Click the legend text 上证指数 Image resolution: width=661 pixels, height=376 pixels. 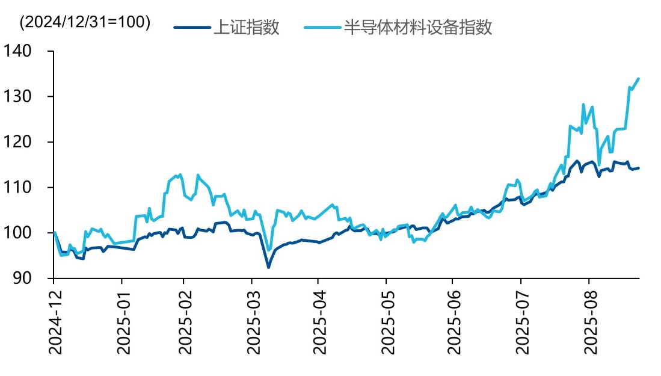tap(246, 27)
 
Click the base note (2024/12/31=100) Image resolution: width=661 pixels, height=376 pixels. tap(85, 22)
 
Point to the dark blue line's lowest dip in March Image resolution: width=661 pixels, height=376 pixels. tap(268, 267)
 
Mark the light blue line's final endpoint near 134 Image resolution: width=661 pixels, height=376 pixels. tap(638, 78)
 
